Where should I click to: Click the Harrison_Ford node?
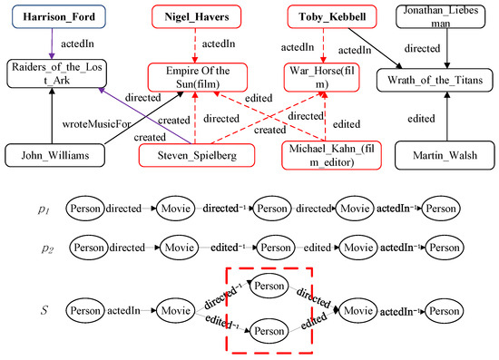coord(51,16)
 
